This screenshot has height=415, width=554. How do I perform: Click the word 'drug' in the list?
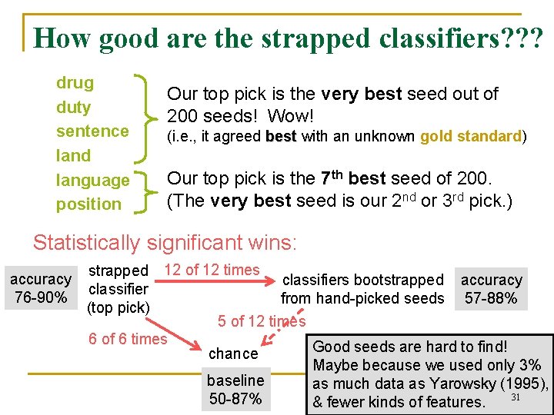point(75,83)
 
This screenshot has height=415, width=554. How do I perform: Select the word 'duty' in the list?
point(73,108)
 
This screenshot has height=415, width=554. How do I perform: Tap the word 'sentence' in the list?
point(92,131)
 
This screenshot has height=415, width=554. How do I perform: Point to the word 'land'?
point(73,156)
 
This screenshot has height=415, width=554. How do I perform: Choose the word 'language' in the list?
point(92,181)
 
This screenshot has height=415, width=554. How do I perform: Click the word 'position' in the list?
point(88,204)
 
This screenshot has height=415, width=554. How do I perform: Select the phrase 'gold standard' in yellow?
point(471,137)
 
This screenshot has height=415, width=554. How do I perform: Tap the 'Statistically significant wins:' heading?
point(164,243)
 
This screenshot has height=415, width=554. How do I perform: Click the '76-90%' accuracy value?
point(40,297)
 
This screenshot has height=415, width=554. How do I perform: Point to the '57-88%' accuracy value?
point(491,298)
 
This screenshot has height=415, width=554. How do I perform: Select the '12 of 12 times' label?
point(212,270)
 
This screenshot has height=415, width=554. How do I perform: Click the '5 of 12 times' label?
point(262,321)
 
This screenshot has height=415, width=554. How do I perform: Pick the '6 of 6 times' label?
point(128,339)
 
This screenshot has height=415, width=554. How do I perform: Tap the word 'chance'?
point(233,354)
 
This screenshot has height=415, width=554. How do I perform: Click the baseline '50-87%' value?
point(235,399)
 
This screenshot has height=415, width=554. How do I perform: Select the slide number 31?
point(516,397)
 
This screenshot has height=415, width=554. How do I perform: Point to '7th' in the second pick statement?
point(332,178)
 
